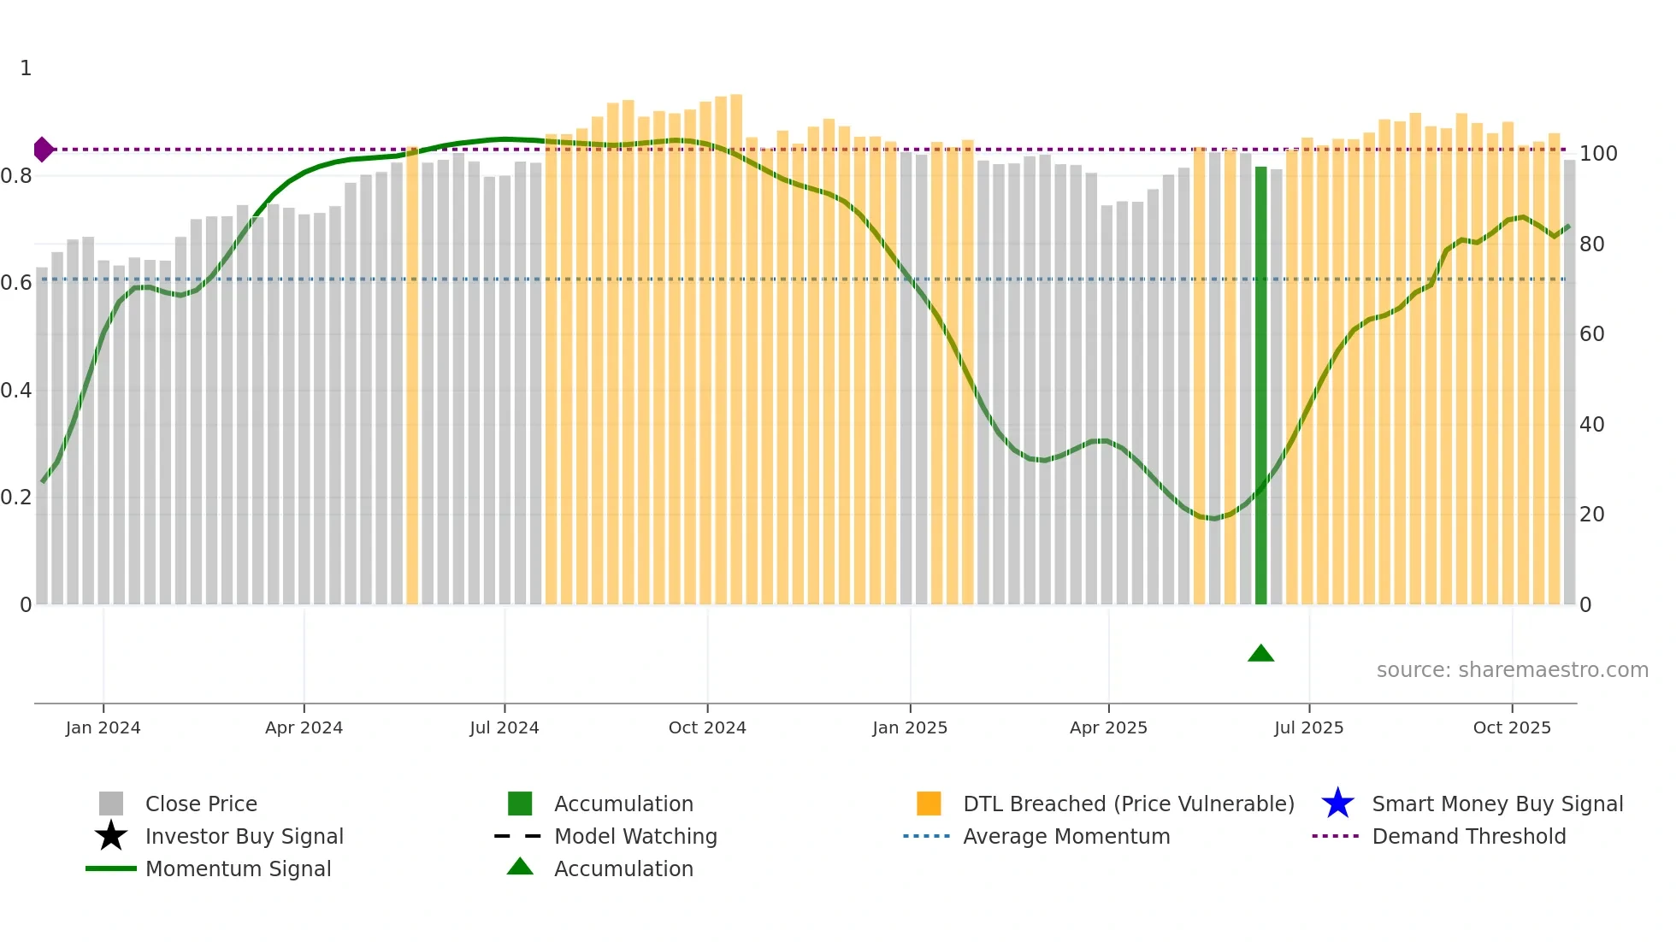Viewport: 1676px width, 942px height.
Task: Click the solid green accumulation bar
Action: tap(1260, 385)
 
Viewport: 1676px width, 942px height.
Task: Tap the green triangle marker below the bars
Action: tap(1260, 654)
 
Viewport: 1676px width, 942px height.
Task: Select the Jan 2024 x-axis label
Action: tap(103, 727)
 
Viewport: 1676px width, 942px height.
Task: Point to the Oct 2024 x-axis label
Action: tap(707, 727)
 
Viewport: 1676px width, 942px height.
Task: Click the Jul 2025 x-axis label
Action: tap(1308, 727)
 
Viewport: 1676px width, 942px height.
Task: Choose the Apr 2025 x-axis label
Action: tap(1108, 727)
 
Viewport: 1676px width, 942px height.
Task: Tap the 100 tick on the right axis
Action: tap(1597, 154)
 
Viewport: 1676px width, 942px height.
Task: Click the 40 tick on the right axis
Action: tap(1591, 425)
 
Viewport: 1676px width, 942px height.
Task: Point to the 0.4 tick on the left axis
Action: tap(17, 391)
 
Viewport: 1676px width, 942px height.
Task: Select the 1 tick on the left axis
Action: tap(26, 68)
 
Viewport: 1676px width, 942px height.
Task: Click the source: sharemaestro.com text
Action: tap(1512, 670)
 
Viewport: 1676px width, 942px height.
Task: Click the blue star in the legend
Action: tap(1337, 804)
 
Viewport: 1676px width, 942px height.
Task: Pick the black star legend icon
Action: tap(111, 836)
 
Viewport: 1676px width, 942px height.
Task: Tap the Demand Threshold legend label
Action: tap(1468, 836)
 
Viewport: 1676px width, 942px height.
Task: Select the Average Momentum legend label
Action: tap(1065, 836)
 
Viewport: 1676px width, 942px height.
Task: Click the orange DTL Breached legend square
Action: tap(929, 804)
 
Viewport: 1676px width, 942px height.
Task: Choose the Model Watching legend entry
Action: tap(635, 836)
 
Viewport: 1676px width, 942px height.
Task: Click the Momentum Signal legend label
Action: tap(238, 868)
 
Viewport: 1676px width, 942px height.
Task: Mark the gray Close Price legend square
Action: tap(111, 804)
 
